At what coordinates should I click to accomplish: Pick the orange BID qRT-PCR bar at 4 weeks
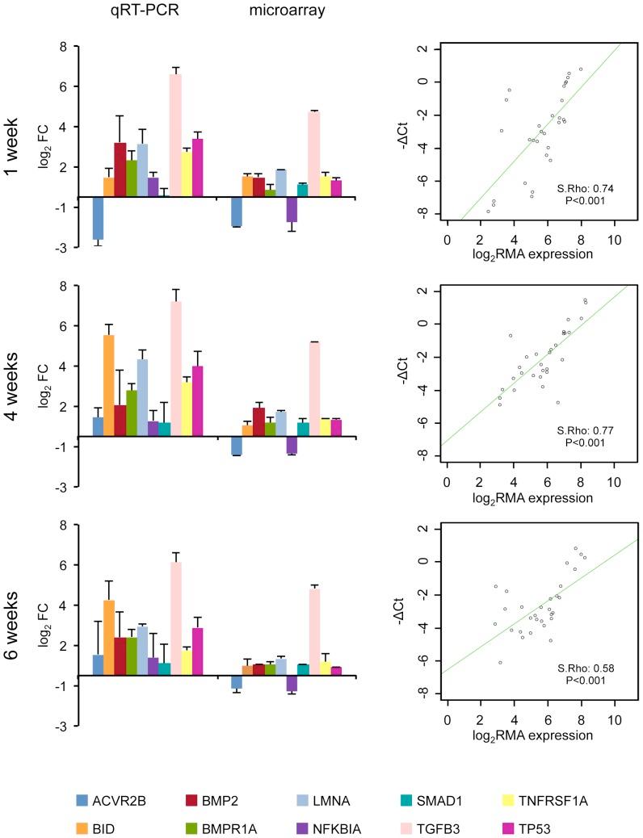[x=109, y=386]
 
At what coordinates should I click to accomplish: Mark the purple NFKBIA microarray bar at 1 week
[x=292, y=209]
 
